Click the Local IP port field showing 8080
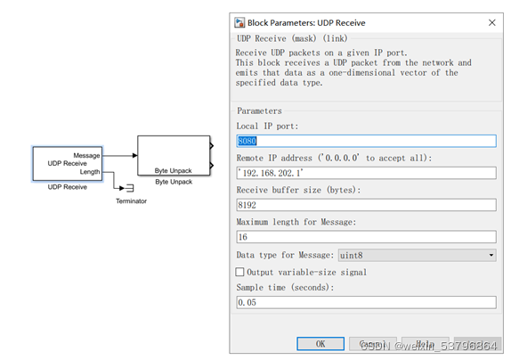click(365, 141)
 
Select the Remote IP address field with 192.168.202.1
click(365, 172)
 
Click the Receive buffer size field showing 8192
click(365, 204)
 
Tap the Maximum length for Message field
click(365, 236)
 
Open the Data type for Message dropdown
click(417, 255)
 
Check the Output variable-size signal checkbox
click(239, 272)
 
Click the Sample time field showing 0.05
click(365, 303)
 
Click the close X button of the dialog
click(492, 22)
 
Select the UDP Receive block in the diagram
click(67, 163)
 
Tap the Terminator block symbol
click(128, 188)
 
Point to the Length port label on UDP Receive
click(89, 171)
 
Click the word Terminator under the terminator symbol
click(131, 201)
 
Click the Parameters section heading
click(259, 111)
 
